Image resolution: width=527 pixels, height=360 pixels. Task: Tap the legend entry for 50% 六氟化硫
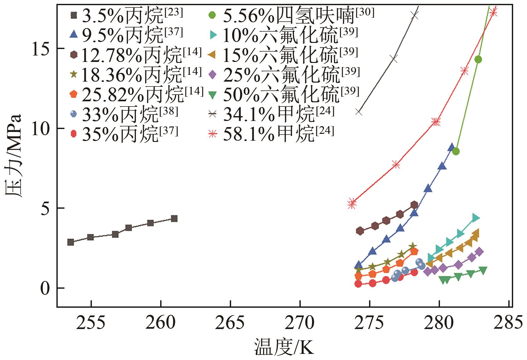(x=284, y=94)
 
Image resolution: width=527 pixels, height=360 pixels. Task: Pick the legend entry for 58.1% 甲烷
(x=271, y=133)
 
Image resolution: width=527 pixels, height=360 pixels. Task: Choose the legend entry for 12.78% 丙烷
(x=135, y=55)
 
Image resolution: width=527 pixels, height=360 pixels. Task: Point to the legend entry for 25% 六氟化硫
(x=284, y=74)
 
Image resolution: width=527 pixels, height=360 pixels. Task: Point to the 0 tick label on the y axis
(x=45, y=288)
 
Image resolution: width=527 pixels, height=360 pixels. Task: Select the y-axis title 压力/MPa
(x=14, y=155)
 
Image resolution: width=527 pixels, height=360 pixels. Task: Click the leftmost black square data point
(x=71, y=242)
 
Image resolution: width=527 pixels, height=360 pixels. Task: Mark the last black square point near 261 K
(x=174, y=218)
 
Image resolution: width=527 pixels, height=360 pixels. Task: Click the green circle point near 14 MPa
(x=478, y=59)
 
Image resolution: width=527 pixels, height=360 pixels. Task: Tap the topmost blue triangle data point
(x=451, y=147)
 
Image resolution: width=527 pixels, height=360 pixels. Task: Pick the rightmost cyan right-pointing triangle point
(x=476, y=218)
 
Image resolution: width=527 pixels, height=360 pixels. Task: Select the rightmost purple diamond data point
(x=479, y=252)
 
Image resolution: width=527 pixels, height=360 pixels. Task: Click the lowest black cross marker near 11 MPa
(x=358, y=112)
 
